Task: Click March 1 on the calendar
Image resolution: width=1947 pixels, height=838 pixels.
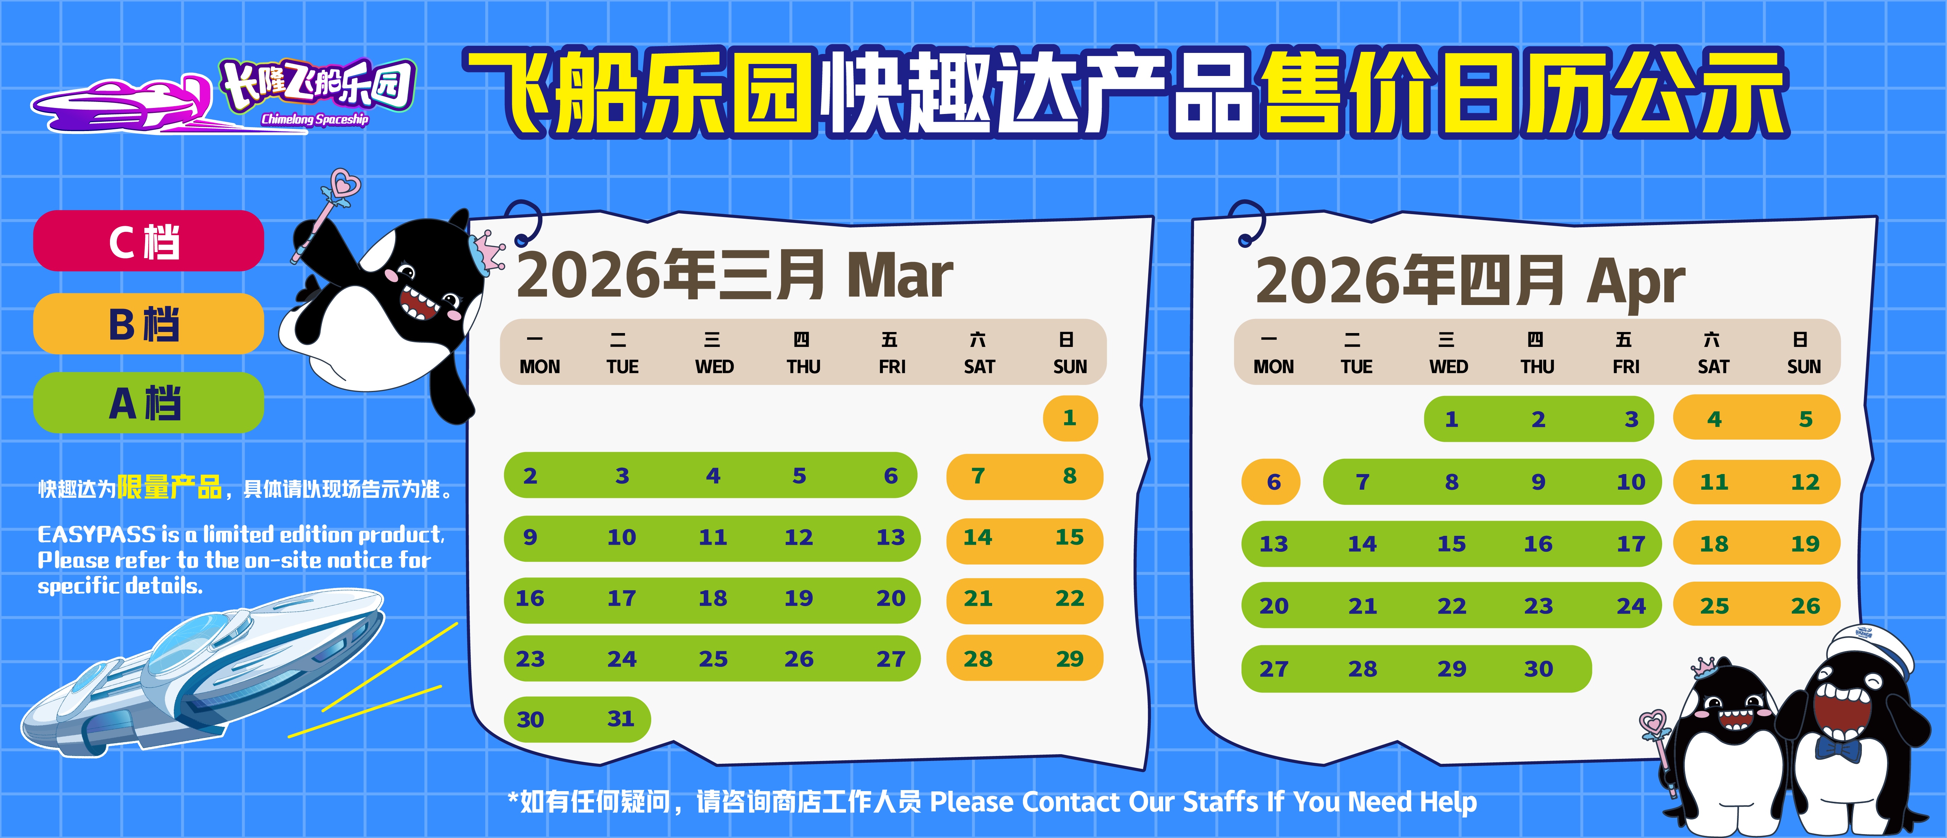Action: coord(1069,418)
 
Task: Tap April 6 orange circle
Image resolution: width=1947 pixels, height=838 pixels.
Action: coord(1273,482)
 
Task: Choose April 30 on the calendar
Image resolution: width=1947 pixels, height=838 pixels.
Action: coord(1538,669)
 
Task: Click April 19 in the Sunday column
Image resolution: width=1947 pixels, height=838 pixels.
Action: coord(1805,543)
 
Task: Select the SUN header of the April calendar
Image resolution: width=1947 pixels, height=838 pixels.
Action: coord(1803,367)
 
